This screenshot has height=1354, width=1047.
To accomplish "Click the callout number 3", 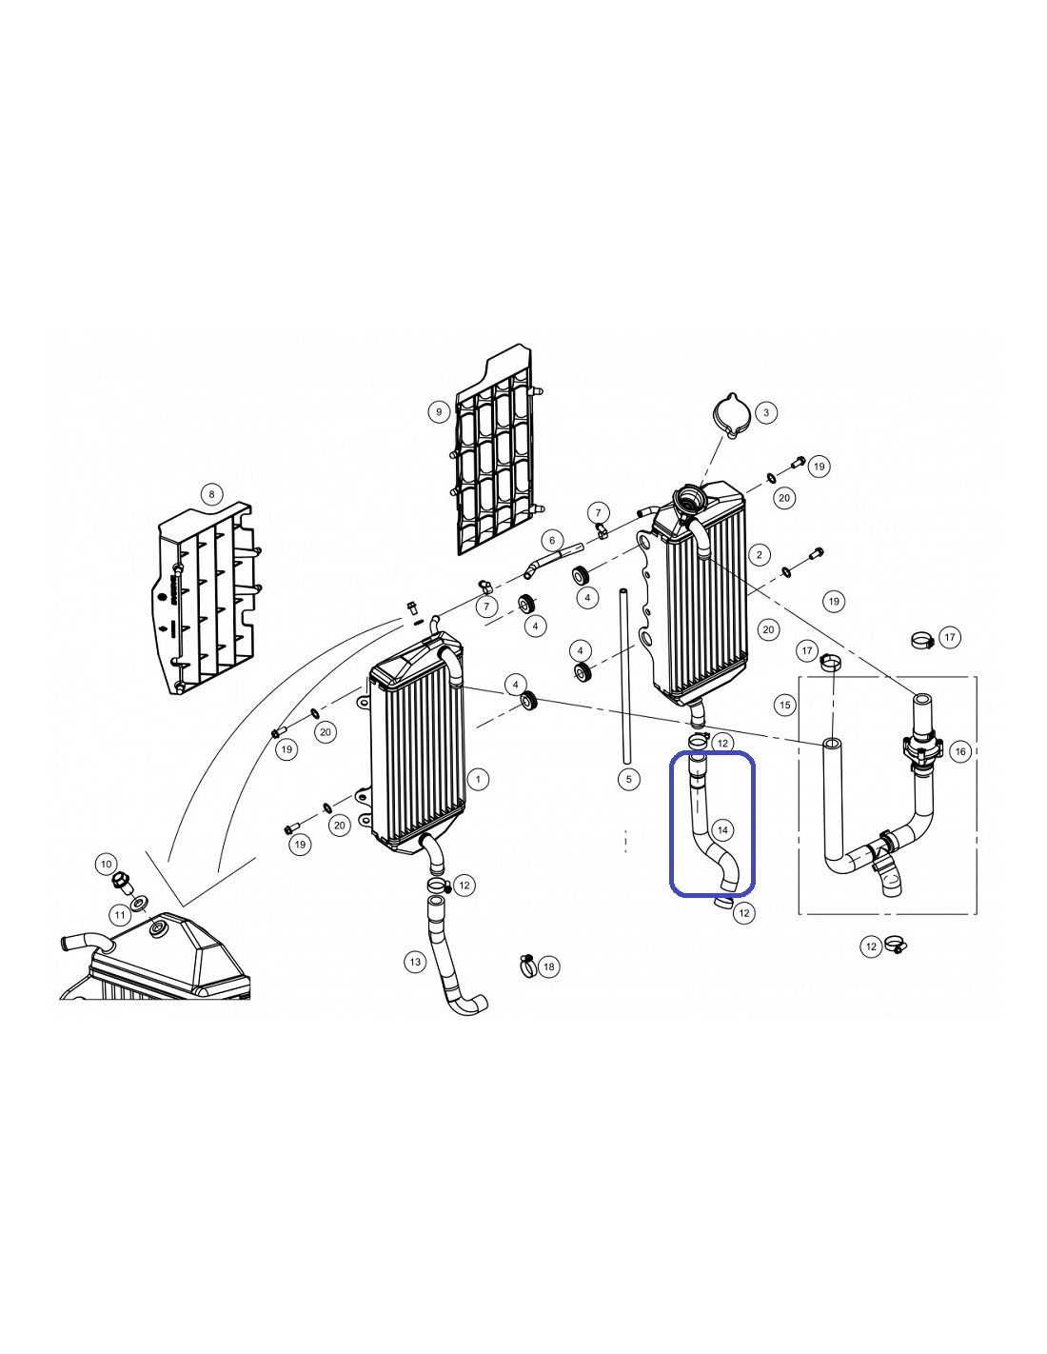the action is tap(765, 412).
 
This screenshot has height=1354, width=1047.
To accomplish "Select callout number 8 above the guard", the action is tap(211, 495).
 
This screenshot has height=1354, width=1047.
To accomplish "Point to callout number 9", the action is tap(439, 412).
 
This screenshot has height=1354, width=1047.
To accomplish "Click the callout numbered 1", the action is tap(478, 779).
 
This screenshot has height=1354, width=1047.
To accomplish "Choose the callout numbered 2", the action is tap(759, 555).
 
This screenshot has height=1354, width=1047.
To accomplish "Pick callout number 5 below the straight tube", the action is tap(628, 779).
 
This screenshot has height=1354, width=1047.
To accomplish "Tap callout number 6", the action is tap(552, 540).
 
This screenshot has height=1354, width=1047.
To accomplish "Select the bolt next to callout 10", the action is tap(121, 884).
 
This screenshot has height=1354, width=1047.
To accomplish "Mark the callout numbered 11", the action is tap(120, 915).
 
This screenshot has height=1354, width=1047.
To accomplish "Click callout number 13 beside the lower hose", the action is tap(415, 962).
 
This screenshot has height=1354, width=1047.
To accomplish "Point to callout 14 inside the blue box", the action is tap(722, 830).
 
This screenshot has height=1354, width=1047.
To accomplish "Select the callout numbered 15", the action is tap(785, 705).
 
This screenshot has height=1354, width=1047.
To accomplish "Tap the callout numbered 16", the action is tap(960, 751).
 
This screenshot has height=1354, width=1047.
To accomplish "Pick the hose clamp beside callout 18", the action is tap(527, 966).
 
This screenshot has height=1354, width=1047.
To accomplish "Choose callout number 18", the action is tap(549, 966).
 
